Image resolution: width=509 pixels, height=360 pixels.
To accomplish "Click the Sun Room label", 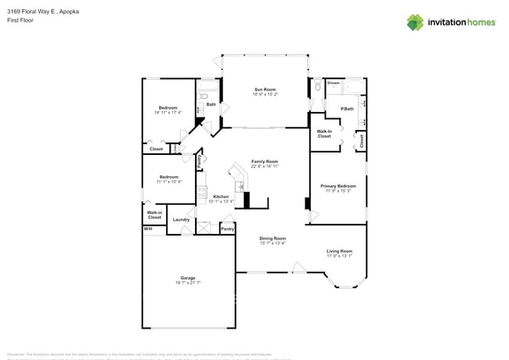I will point(264,89).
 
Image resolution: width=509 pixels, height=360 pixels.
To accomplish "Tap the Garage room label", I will point(188,278).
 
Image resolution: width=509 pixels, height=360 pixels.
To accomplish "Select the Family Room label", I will point(265,161).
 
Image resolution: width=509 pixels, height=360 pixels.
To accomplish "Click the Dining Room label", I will point(273,238).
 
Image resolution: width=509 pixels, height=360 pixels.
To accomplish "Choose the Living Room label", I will point(340,251).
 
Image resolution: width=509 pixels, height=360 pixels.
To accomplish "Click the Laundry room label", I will point(182,220).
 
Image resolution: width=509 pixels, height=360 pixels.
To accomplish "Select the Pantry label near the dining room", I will point(227,229).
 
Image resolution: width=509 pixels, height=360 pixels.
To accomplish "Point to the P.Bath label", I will point(347,108).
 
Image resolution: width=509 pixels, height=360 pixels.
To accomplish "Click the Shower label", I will point(333,82).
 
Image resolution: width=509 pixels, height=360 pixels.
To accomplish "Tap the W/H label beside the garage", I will point(147,229).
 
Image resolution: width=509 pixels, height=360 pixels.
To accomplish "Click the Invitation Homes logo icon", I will point(415,22).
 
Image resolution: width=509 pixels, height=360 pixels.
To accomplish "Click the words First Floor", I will point(20,21).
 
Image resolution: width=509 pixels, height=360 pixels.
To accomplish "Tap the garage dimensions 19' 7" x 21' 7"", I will point(188,283).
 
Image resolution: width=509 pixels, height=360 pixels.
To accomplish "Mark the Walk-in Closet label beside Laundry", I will point(154,214).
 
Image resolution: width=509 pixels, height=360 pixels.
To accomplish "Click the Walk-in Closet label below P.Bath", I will point(324,134).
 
